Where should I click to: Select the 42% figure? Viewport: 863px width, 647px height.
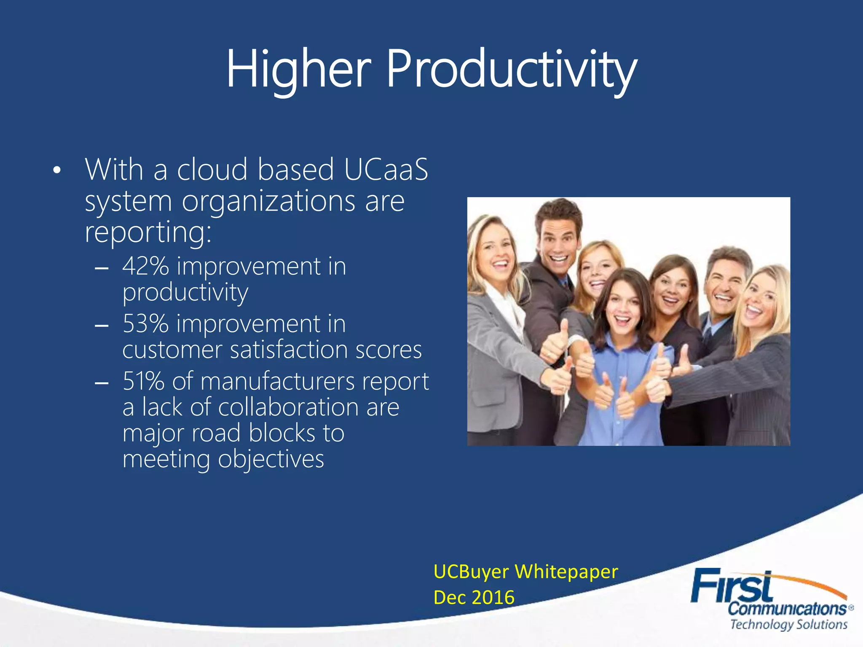[x=146, y=267]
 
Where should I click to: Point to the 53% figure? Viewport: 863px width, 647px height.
[x=146, y=324]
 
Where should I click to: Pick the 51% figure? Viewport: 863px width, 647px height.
[x=143, y=381]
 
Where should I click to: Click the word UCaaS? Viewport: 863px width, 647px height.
[x=386, y=169]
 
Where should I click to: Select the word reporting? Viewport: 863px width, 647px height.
[x=148, y=232]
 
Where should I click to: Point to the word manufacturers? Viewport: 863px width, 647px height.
[x=278, y=381]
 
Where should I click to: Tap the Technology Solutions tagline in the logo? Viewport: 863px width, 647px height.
[x=788, y=624]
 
